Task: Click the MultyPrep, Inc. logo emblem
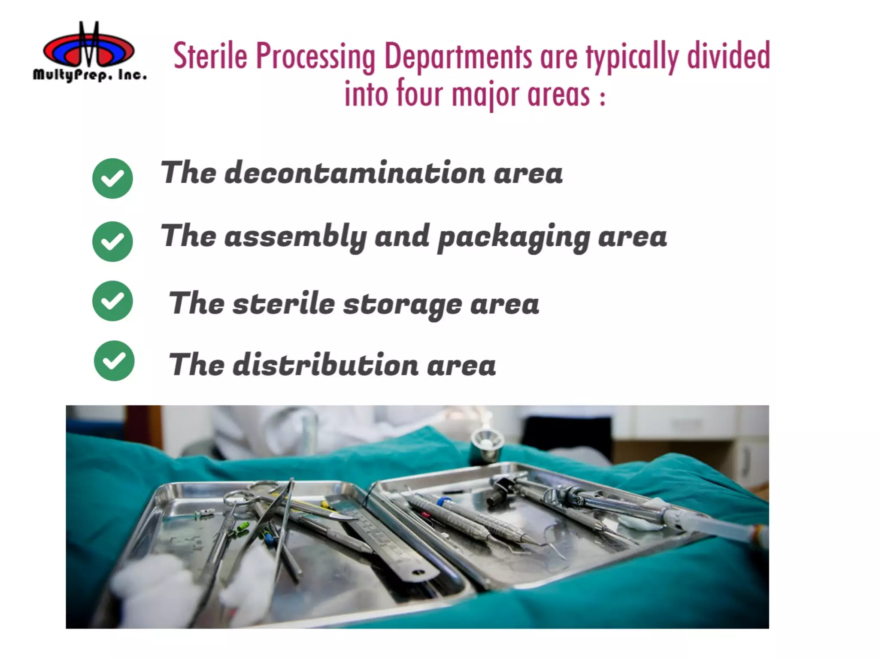89,47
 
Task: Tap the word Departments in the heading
458,56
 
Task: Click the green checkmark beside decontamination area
112,178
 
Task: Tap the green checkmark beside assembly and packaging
112,241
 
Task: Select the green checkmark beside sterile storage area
112,301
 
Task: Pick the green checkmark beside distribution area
114,360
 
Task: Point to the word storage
402,305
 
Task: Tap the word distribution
325,365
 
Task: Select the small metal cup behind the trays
486,446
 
